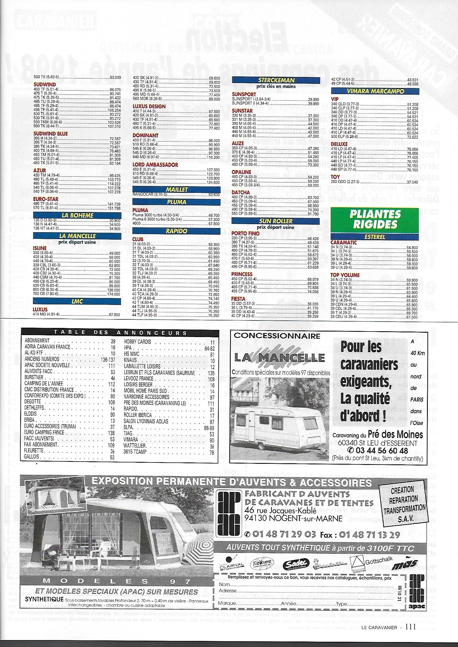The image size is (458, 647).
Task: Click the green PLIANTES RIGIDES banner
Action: [375, 219]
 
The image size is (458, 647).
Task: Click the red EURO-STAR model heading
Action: [46, 199]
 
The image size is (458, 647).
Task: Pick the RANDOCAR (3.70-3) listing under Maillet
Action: [150, 195]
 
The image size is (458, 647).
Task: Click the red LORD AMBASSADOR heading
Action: [155, 165]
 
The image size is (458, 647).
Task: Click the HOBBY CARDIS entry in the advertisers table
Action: [138, 342]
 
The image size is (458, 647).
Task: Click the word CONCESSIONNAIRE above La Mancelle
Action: [277, 336]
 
